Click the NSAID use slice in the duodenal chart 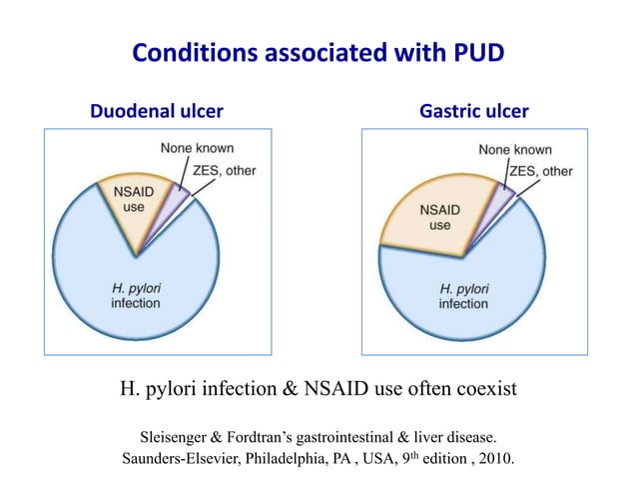coord(132,205)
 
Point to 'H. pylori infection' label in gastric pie coord(463,296)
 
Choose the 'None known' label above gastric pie coord(514,149)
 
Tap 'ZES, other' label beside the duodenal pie coord(223,170)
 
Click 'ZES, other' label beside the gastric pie coord(541,171)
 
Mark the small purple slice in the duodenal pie coord(175,200)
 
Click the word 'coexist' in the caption coord(482,388)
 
